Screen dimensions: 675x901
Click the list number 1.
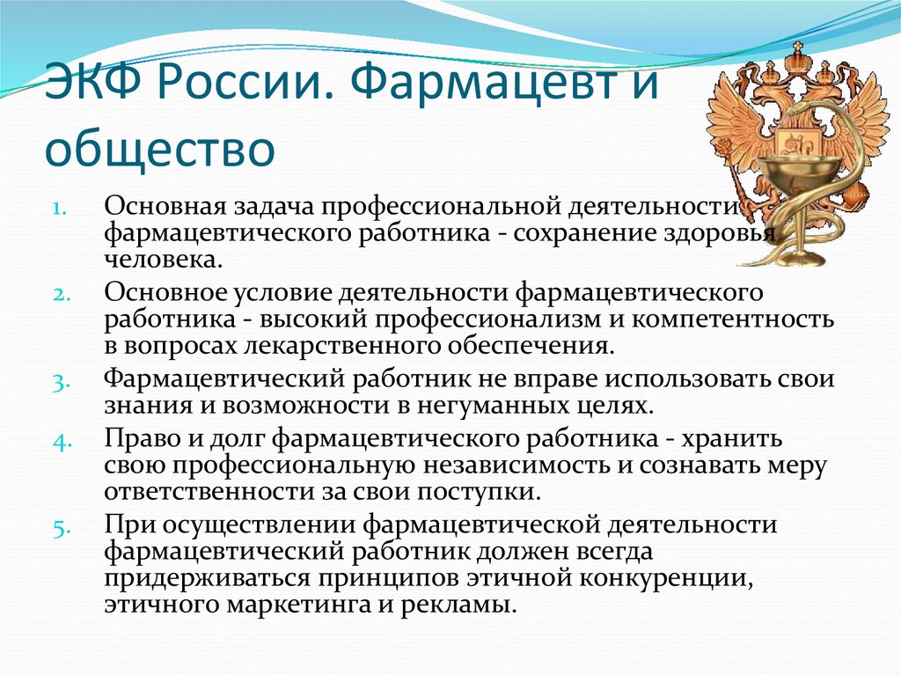point(61,209)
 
